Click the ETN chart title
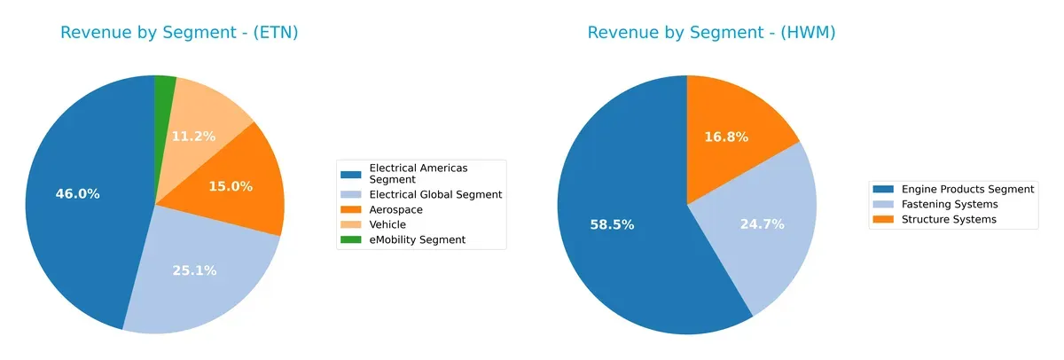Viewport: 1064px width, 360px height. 179,33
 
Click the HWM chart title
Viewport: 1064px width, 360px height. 711,33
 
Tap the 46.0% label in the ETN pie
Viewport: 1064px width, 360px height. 77,193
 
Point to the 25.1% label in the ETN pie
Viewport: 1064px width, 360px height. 195,270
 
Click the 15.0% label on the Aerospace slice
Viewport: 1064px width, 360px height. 231,186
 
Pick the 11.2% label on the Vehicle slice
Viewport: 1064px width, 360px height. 192,136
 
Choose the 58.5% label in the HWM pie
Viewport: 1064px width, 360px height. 612,224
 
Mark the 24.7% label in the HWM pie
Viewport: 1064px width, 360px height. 762,224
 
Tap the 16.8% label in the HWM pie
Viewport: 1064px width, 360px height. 726,137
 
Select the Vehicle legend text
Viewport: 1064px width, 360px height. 387,224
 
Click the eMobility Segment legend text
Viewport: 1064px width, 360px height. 417,239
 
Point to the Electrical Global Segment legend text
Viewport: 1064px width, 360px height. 435,194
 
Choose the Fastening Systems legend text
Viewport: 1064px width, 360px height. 949,204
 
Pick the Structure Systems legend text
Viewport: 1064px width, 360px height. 949,219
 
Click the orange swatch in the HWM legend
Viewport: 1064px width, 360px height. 884,219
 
